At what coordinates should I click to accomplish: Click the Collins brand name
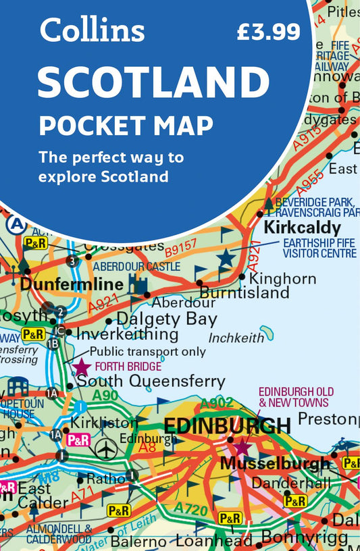(x=92, y=30)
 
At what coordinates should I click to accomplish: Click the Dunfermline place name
(x=72, y=285)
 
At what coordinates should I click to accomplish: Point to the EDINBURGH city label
(x=227, y=427)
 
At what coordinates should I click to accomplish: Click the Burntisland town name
(x=245, y=292)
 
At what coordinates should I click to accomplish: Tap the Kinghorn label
(x=282, y=278)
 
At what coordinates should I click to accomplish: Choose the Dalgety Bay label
(x=167, y=319)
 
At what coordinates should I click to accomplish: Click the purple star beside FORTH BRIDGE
(x=82, y=367)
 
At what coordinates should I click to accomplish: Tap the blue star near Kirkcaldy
(x=226, y=258)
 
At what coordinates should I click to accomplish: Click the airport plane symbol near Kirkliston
(x=105, y=448)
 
